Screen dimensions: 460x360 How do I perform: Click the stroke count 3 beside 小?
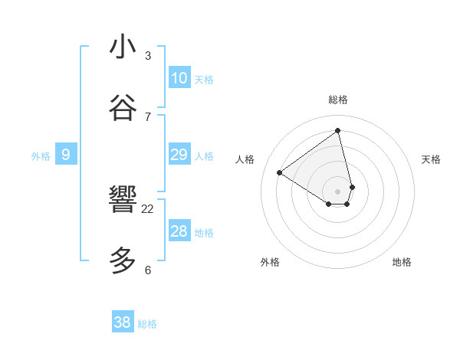pyautogui.click(x=148, y=55)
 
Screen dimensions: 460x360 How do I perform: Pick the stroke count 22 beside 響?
pyautogui.click(x=148, y=208)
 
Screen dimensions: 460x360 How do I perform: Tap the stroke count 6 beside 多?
pyautogui.click(x=148, y=270)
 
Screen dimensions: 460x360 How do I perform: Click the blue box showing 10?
pyautogui.click(x=179, y=78)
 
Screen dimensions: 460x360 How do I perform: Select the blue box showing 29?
pyautogui.click(x=179, y=155)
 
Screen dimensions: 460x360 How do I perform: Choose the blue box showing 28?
pyautogui.click(x=179, y=231)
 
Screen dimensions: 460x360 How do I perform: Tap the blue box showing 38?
pyautogui.click(x=123, y=322)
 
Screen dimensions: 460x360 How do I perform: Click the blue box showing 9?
pyautogui.click(x=66, y=155)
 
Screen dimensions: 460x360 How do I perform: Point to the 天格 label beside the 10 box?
pyautogui.click(x=204, y=79)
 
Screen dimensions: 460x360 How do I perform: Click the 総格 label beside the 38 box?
pyautogui.click(x=147, y=324)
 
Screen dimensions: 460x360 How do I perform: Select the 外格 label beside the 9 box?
pyautogui.click(x=41, y=155)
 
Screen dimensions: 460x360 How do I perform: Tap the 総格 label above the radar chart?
pyautogui.click(x=338, y=100)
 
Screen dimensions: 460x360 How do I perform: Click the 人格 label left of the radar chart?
pyautogui.click(x=245, y=159)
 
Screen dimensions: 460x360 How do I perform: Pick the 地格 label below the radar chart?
pyautogui.click(x=402, y=262)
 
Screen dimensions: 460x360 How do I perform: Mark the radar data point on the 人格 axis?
pyautogui.click(x=280, y=172)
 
